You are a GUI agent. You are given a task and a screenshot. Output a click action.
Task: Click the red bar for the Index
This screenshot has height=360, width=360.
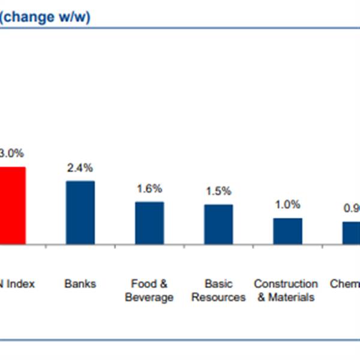[x=12, y=205]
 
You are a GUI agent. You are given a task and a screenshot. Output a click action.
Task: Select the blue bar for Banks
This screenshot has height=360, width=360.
[x=80, y=212]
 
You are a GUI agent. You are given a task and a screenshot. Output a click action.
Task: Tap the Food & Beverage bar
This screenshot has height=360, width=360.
[x=149, y=223]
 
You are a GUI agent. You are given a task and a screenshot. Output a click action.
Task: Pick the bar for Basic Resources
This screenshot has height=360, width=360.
[x=218, y=224]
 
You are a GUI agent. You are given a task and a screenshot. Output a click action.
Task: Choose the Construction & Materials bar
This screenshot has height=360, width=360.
[x=287, y=231]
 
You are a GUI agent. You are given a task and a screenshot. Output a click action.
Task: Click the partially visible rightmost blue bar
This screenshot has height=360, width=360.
[x=351, y=233]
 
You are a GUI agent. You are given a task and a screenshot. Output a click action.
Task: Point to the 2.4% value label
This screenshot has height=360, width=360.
[x=80, y=169]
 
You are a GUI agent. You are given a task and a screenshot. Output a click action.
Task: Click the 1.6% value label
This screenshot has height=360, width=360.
[x=149, y=189]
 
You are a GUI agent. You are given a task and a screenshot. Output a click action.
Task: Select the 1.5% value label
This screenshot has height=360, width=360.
[x=218, y=191]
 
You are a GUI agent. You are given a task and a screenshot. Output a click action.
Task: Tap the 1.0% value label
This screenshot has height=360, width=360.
[x=287, y=205]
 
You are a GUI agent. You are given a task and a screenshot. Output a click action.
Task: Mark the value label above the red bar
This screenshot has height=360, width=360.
[x=11, y=154]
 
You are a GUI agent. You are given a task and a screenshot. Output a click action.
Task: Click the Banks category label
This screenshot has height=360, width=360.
[x=80, y=284]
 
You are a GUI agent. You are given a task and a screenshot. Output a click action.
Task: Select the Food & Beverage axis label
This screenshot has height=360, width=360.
[x=149, y=290]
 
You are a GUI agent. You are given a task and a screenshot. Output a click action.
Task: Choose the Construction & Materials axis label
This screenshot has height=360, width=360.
[x=286, y=290]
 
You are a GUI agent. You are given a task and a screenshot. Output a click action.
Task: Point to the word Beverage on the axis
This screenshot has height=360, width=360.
[x=149, y=297]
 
